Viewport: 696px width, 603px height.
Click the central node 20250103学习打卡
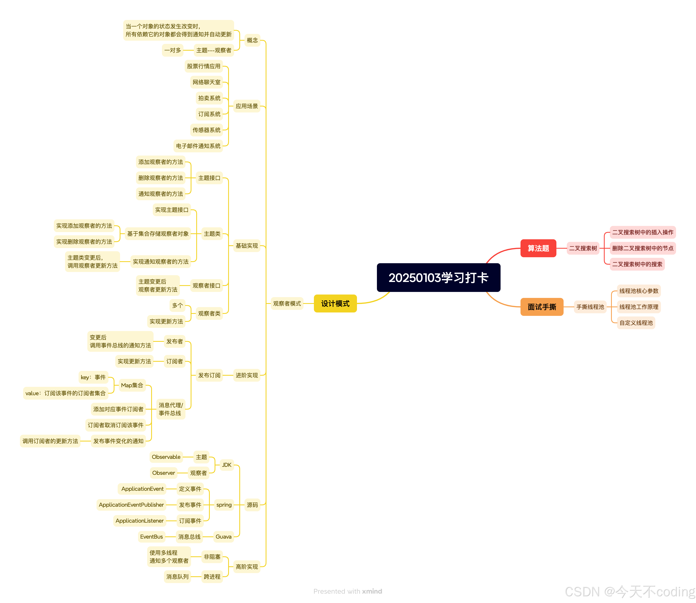[438, 278]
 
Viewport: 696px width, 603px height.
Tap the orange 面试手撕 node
[541, 307]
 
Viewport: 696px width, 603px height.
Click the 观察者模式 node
[287, 303]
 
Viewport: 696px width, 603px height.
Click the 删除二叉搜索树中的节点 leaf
[643, 248]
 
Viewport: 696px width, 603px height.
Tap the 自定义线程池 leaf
[636, 323]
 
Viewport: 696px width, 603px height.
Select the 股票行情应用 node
[204, 66]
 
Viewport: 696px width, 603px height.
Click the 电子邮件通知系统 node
[198, 146]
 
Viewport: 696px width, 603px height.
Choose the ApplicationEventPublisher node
[131, 505]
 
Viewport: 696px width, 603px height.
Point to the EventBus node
[151, 537]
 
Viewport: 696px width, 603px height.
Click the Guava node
[224, 537]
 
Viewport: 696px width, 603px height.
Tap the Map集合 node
[132, 385]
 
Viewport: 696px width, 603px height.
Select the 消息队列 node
[177, 577]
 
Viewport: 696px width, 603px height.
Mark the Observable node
[166, 457]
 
